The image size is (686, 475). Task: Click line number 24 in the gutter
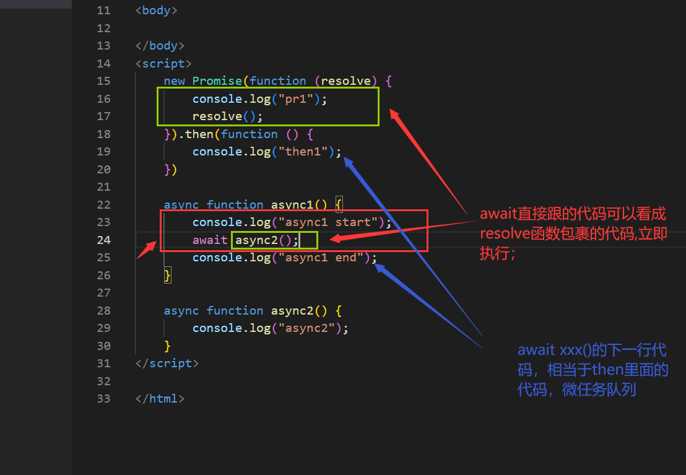pos(103,240)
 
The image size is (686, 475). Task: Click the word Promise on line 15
pos(217,81)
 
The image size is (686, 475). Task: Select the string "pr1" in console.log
pos(296,99)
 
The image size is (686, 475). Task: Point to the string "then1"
pos(306,152)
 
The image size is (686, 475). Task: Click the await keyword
pos(209,240)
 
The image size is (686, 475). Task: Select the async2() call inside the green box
pos(263,240)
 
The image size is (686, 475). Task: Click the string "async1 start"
pos(331,222)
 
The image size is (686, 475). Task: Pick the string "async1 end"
pos(324,258)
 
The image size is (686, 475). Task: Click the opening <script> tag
pos(163,64)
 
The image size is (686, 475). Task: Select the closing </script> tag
pos(167,364)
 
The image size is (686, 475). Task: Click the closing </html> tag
pos(160,398)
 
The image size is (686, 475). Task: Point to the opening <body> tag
pos(156,10)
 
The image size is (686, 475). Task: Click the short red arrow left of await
pos(147,250)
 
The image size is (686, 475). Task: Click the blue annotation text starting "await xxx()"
pos(593,370)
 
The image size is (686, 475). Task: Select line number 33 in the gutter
pos(103,398)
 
